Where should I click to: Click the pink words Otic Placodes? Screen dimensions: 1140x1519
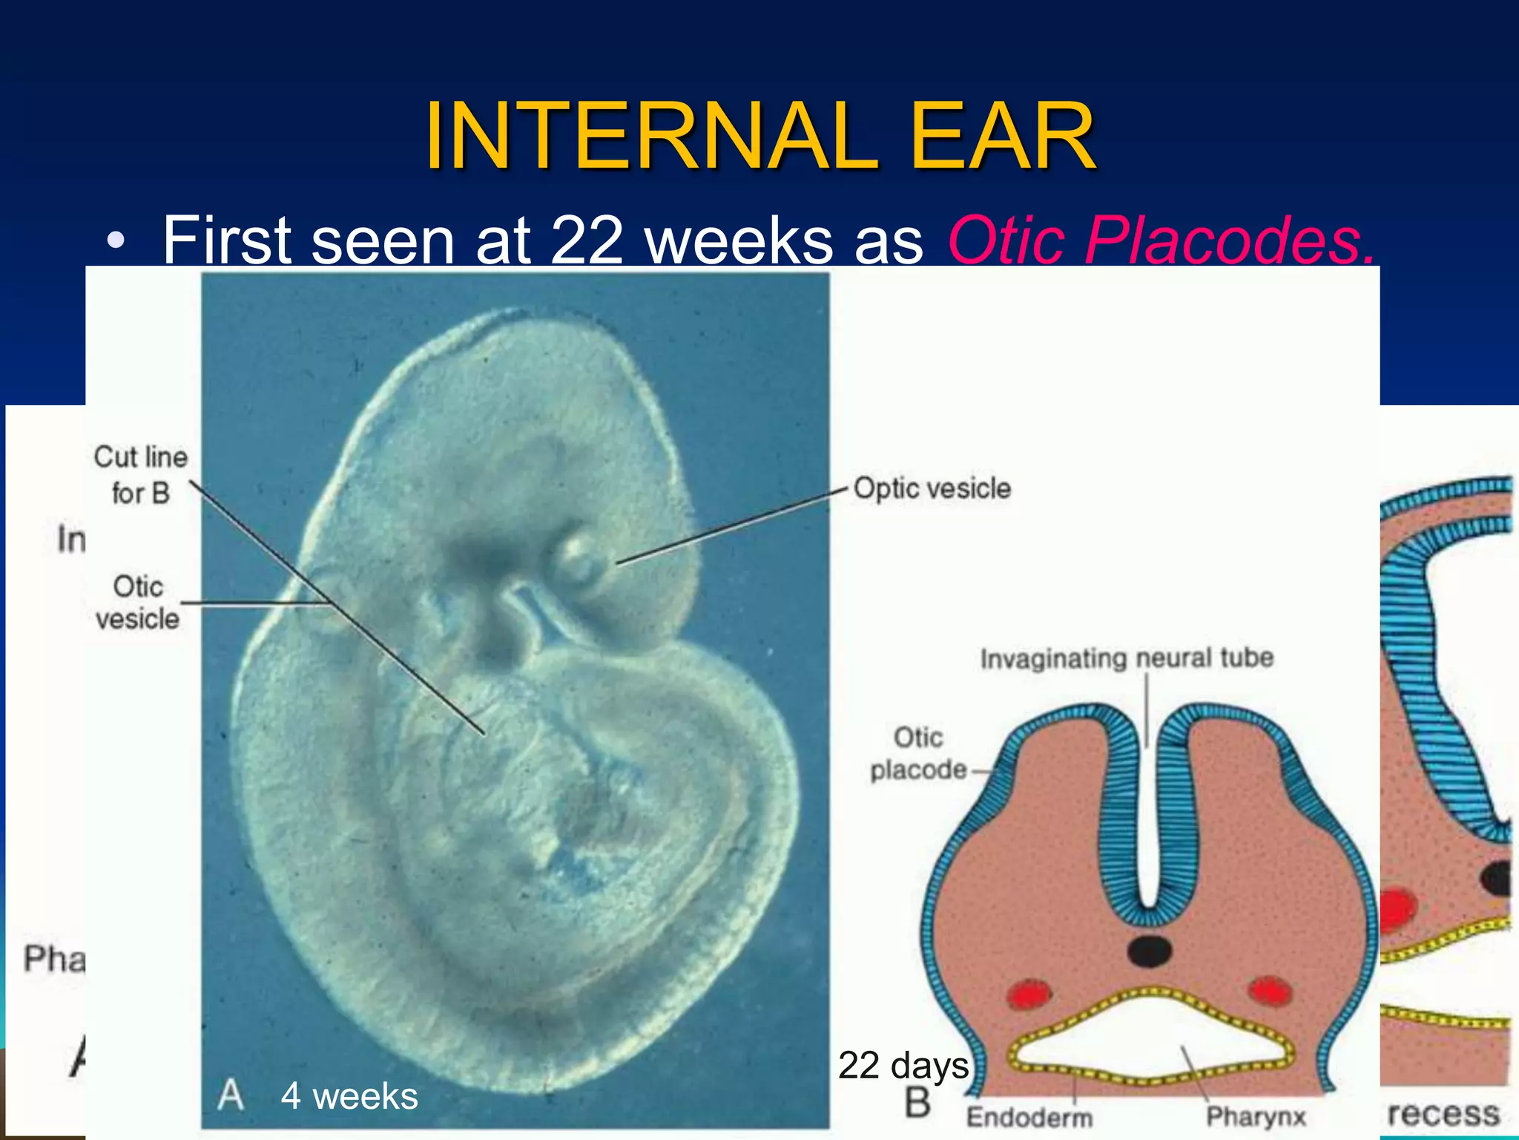click(1161, 240)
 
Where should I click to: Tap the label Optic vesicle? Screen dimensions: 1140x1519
click(932, 488)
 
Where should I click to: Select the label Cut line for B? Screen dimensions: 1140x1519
click(140, 475)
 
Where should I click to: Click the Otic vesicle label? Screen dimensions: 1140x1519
click(137, 602)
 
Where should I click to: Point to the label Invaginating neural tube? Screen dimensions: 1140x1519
click(1127, 658)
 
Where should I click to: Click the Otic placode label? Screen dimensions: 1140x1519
click(918, 753)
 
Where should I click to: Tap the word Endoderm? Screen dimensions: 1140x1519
click(1029, 1117)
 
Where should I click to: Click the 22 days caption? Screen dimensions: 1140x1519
click(903, 1066)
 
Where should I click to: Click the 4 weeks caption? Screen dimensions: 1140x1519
click(349, 1096)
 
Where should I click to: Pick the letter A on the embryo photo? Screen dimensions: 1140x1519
click(231, 1095)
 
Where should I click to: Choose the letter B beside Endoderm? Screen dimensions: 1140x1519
click(917, 1103)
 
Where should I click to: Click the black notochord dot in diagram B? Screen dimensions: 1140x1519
click(1149, 951)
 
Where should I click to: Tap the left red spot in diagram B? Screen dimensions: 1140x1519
click(1030, 994)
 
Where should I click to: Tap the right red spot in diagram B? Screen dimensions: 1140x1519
click(1270, 991)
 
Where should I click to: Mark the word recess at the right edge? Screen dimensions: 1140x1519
click(1443, 1113)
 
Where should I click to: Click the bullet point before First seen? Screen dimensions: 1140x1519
click(115, 240)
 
